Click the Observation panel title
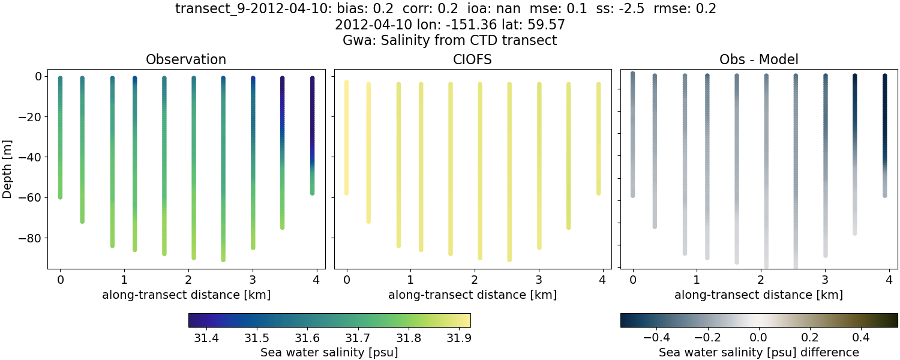tap(186, 59)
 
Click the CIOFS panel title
tap(472, 59)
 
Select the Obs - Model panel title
tap(758, 59)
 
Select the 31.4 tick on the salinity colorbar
tap(206, 338)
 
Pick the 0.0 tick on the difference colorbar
tap(759, 338)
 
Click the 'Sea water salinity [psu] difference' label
tap(758, 352)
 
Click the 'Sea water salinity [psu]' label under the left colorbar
tap(329, 352)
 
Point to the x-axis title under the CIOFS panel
tap(472, 295)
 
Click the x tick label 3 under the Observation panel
tap(253, 280)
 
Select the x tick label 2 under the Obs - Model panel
tap(761, 280)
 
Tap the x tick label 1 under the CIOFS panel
tap(410, 280)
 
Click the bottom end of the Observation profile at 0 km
tap(60, 196)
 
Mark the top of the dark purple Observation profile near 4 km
tap(312, 79)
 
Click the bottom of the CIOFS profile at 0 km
tap(346, 193)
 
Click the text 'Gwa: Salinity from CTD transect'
tap(449, 41)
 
